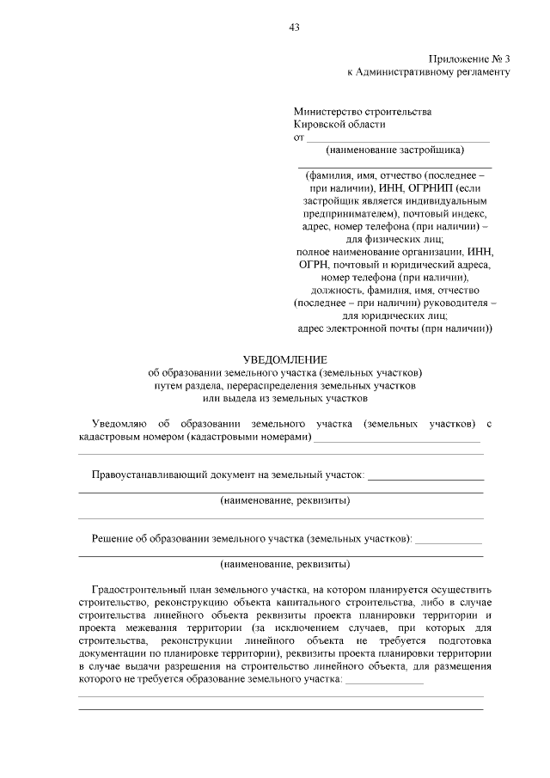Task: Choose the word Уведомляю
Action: (x=119, y=424)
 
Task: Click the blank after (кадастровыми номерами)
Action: (x=397, y=438)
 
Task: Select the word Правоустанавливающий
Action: (x=148, y=474)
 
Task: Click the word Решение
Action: (x=113, y=538)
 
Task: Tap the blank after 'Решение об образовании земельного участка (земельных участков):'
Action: (x=448, y=539)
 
